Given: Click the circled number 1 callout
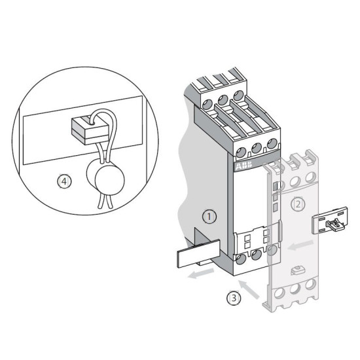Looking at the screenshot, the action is (x=209, y=217).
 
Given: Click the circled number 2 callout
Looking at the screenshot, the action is (x=298, y=204).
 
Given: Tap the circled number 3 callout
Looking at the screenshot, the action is (x=234, y=298).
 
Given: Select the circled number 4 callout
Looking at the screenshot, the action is (x=64, y=181).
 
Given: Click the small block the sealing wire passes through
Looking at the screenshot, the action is (x=90, y=131).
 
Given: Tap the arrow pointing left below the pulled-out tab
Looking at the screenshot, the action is (x=201, y=274).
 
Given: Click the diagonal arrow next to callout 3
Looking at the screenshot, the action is (x=249, y=289).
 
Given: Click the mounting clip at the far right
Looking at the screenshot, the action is (x=329, y=220).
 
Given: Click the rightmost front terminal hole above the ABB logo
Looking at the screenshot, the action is (x=272, y=143).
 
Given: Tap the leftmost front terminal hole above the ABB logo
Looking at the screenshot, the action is (x=241, y=153).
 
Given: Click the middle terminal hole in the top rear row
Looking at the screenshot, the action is (x=223, y=99).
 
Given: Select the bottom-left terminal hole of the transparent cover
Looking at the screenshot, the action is (x=279, y=293).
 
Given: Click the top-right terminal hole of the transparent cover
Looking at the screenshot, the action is (x=310, y=177).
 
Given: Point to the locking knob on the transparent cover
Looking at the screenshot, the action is (x=297, y=270).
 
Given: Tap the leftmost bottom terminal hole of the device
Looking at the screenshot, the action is (x=241, y=259).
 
